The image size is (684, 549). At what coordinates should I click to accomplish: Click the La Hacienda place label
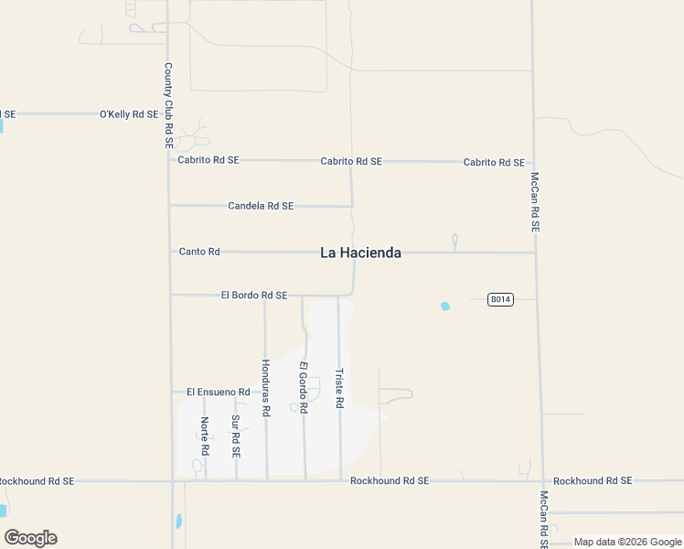[x=360, y=253]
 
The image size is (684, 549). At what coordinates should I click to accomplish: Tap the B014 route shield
[x=499, y=299]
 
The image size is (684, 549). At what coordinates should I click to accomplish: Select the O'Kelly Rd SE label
[x=129, y=114]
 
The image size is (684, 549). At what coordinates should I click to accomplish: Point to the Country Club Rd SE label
[x=168, y=105]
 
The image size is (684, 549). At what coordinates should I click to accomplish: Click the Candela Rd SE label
[x=261, y=206]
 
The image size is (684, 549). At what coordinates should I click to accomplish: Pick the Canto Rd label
[x=199, y=251]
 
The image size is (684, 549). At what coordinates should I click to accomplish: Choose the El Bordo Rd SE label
[x=254, y=296]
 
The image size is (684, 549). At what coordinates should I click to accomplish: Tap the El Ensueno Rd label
[x=218, y=392]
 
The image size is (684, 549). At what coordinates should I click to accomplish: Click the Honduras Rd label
[x=265, y=388]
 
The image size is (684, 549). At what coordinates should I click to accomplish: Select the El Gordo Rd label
[x=304, y=387]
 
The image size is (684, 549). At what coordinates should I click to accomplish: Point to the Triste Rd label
[x=339, y=388]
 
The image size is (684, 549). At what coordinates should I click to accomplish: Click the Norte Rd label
[x=205, y=436]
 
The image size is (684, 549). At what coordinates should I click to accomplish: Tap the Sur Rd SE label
[x=236, y=436]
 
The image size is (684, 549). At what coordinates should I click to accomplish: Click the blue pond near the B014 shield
[x=445, y=307]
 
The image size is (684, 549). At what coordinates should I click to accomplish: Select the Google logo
[x=30, y=538]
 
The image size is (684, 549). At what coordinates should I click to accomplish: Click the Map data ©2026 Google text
[x=628, y=542]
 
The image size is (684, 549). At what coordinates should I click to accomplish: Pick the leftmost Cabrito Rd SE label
[x=208, y=159]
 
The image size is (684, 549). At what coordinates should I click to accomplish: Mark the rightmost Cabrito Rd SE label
[x=494, y=162]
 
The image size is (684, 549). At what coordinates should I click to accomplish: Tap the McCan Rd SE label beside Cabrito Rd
[x=535, y=201]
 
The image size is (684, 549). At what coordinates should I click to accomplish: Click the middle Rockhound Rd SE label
[x=390, y=480]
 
